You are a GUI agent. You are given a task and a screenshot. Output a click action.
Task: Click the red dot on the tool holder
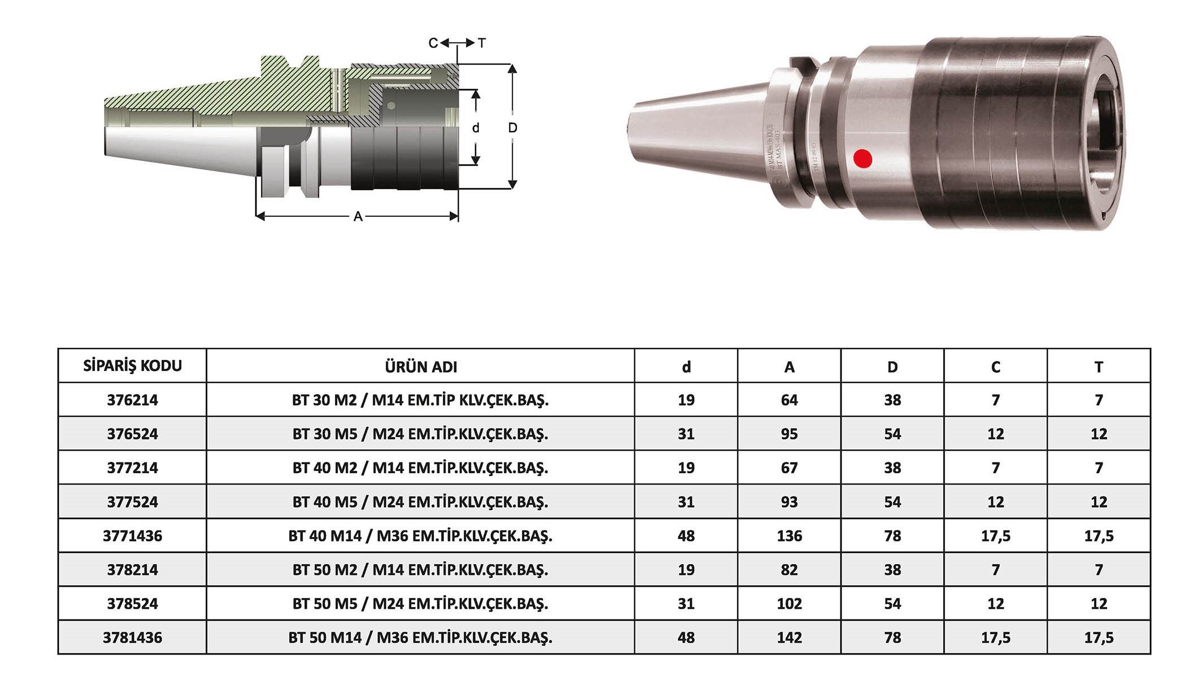863,159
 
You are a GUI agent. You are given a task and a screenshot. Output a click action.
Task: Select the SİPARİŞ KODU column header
133,366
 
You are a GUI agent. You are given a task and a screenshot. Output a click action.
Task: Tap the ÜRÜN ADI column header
421,367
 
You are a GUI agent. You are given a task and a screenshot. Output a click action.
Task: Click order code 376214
133,400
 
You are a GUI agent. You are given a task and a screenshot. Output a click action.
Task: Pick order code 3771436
133,536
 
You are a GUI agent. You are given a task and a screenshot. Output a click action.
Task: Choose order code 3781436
133,638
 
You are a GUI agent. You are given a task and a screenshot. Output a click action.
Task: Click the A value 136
789,536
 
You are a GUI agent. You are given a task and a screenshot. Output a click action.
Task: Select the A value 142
789,638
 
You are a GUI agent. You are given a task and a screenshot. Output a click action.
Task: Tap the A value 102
789,604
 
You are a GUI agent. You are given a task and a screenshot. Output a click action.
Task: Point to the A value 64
789,400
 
